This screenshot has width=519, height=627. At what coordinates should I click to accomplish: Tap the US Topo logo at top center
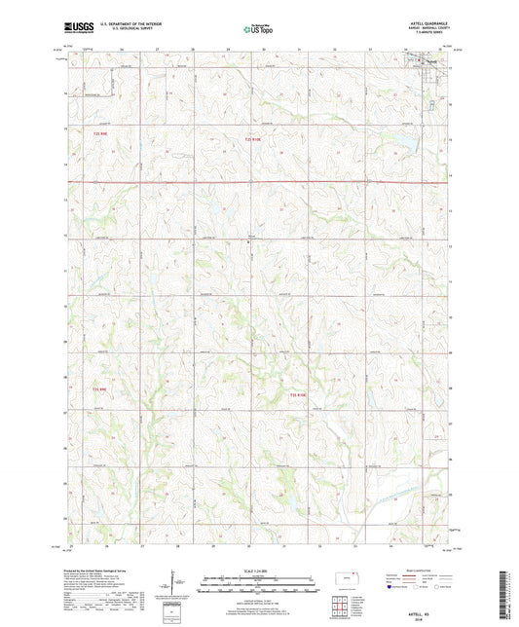tap(257, 29)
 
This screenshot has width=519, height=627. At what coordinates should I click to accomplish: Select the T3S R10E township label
tap(298, 394)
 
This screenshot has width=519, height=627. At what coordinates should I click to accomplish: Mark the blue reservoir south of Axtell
tap(401, 142)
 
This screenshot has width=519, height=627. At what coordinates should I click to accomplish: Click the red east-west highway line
tap(259, 181)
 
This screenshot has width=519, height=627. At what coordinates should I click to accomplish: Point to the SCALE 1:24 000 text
tap(259, 571)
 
